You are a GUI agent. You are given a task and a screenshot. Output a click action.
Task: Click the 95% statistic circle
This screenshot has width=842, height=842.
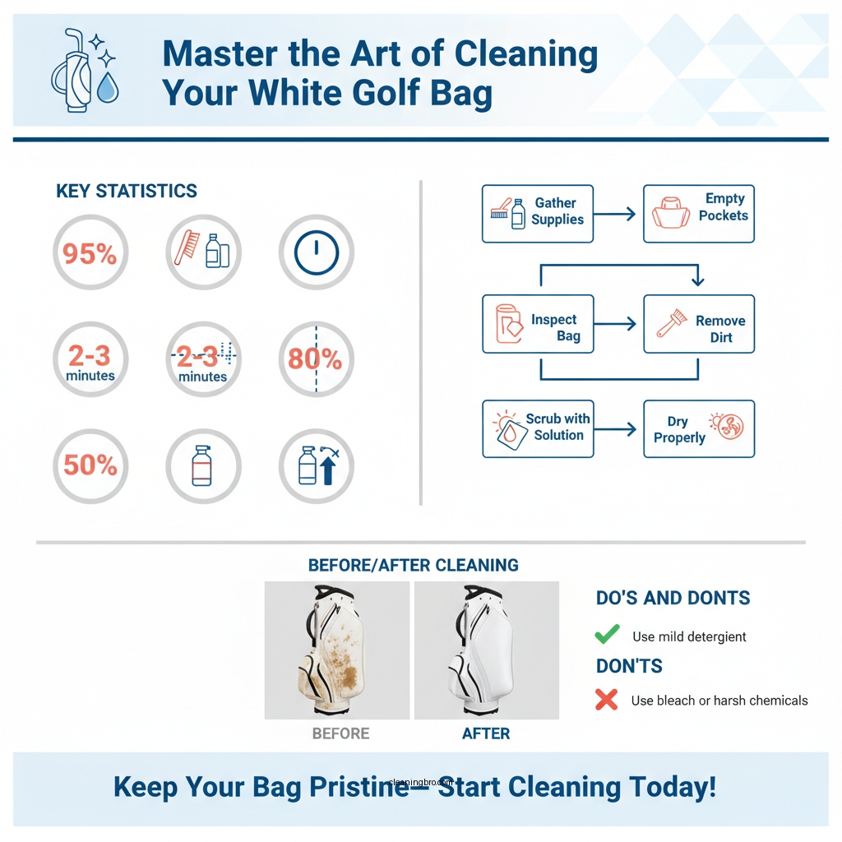point(90,253)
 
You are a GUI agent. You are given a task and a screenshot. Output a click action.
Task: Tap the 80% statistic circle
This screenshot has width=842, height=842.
point(315,359)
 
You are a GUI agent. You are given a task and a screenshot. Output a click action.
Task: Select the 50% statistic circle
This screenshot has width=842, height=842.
point(90,465)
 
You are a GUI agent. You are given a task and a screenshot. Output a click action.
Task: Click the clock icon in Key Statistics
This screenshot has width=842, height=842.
point(316,252)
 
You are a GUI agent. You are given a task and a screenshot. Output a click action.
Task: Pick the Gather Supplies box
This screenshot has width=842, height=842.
point(537,214)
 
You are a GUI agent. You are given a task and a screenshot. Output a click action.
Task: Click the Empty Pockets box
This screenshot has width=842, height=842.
point(698,214)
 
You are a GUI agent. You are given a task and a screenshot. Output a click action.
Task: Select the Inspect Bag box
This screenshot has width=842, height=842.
point(537,324)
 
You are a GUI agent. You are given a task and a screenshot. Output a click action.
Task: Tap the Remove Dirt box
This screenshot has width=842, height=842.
point(698,324)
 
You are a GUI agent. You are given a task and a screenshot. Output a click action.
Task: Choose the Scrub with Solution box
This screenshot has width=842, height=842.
point(537,428)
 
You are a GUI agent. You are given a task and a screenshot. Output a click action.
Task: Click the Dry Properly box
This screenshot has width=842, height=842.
point(698,428)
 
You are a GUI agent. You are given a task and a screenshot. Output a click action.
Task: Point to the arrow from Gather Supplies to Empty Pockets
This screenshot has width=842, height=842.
point(617,214)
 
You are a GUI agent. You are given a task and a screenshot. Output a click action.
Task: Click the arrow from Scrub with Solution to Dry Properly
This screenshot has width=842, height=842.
point(617,428)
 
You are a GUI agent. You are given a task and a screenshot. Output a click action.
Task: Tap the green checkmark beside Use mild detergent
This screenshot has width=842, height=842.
point(607,635)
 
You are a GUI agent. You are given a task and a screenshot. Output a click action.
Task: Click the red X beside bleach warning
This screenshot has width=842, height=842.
point(606,700)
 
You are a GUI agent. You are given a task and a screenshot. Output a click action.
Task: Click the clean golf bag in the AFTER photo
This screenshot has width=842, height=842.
point(485,650)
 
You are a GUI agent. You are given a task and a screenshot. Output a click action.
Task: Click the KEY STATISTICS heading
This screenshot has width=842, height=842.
point(127,192)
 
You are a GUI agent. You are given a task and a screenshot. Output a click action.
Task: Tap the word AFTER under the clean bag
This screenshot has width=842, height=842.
point(486,733)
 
